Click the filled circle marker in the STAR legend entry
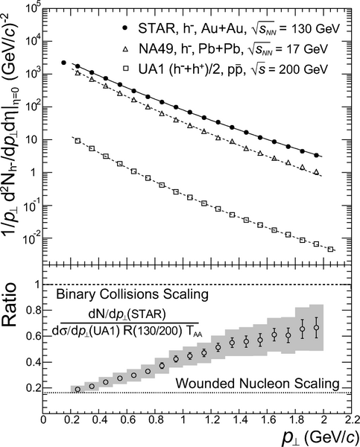[x=124, y=28]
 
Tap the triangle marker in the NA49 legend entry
[x=125, y=49]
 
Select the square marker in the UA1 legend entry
[x=125, y=69]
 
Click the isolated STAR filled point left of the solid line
[x=63, y=63]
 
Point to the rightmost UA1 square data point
[x=330, y=249]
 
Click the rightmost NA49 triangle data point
[x=316, y=172]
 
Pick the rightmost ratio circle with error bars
[x=316, y=328]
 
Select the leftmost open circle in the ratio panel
[x=78, y=390]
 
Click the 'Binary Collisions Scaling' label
[x=133, y=294]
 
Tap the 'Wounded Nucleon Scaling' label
[x=257, y=384]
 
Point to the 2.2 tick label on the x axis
[x=350, y=420]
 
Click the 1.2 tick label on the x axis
[x=211, y=420]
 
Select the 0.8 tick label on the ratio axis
[x=33, y=310]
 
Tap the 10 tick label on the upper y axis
[x=34, y=140]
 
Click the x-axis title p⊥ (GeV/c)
[x=320, y=437]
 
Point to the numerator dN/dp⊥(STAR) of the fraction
[x=127, y=314]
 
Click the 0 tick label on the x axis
[x=43, y=420]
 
